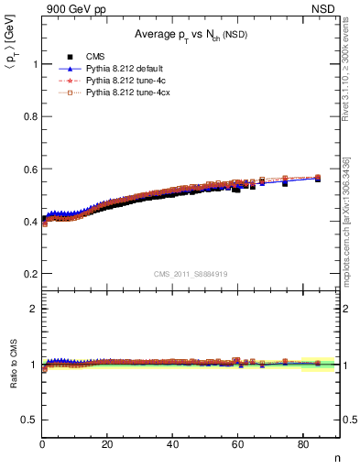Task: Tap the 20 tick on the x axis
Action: point(108,445)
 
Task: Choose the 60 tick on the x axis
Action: point(238,445)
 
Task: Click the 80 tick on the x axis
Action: point(303,445)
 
